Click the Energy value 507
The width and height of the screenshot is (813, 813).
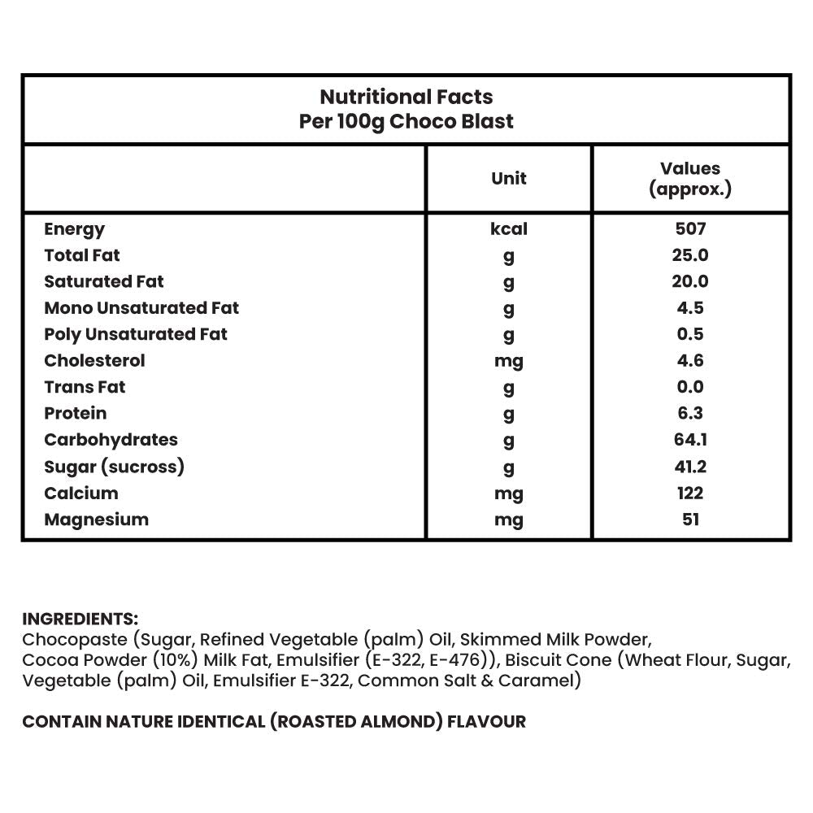(x=690, y=229)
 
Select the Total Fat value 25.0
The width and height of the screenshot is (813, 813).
(x=690, y=255)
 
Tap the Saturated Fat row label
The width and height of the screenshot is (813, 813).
(x=104, y=281)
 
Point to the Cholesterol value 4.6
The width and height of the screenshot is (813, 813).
(x=690, y=360)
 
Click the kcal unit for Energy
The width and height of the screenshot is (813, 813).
(x=509, y=229)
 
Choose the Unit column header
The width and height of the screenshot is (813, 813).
(x=509, y=178)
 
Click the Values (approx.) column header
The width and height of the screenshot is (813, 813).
(x=690, y=179)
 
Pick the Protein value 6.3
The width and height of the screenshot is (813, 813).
(x=690, y=413)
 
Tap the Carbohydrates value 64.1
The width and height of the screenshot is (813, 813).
(x=690, y=440)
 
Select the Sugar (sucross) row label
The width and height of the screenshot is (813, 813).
(x=115, y=467)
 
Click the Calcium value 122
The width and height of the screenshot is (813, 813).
(x=690, y=493)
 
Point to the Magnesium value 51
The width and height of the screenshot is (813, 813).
(x=690, y=520)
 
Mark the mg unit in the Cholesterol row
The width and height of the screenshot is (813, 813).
(x=509, y=361)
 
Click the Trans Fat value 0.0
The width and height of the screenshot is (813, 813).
(x=690, y=387)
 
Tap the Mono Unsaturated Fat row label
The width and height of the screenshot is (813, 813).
(x=141, y=308)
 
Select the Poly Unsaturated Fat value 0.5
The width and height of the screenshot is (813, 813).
(x=690, y=334)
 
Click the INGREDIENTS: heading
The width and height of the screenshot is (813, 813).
(x=80, y=619)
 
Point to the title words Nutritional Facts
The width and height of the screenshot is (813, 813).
(x=406, y=97)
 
